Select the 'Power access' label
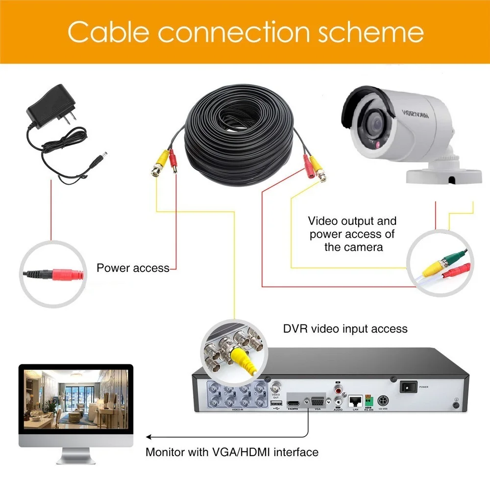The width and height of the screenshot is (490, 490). [x=133, y=268]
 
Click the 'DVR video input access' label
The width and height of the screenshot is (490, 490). [x=345, y=328]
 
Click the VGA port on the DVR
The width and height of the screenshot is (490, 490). [x=317, y=401]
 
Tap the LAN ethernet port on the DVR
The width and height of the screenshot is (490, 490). [x=355, y=400]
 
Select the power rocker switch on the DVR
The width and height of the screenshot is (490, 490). [x=408, y=387]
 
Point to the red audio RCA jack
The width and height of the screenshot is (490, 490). [x=339, y=392]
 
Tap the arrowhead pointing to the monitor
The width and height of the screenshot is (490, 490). [x=148, y=436]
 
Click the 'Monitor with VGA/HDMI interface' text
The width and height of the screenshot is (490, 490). [x=232, y=452]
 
